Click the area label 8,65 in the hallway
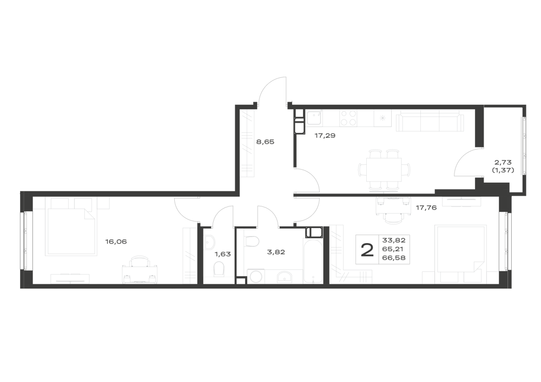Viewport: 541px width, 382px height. [265, 142]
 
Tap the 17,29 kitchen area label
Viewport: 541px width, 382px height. [325, 136]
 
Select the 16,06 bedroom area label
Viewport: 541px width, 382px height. [116, 242]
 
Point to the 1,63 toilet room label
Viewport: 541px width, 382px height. [222, 254]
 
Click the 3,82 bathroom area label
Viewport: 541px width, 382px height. [276, 252]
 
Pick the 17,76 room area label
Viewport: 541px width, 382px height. [426, 207]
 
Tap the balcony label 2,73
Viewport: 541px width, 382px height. [503, 162]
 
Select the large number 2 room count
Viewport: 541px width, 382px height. [367, 250]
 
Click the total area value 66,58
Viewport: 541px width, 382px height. [394, 258]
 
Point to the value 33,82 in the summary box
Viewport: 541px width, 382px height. [394, 240]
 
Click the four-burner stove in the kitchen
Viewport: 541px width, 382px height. [348, 118]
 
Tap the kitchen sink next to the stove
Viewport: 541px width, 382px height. [314, 118]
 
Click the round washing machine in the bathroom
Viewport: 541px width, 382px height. [256, 277]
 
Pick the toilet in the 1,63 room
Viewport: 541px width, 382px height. [219, 269]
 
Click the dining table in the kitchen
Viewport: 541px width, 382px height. [385, 170]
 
